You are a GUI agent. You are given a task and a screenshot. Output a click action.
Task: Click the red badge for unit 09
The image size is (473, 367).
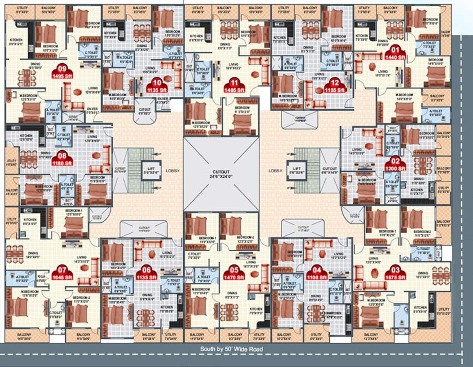pyautogui.click(x=62, y=72)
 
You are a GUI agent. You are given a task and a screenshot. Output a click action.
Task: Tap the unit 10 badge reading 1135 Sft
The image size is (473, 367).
pyautogui.click(x=156, y=85)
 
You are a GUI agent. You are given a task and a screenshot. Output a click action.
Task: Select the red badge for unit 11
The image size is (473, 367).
pyautogui.click(x=234, y=85)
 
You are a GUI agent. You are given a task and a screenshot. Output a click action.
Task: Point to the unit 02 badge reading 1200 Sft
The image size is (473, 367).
pyautogui.click(x=395, y=165)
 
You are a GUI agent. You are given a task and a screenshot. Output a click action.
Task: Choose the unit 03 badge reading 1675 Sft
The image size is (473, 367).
pyautogui.click(x=395, y=273)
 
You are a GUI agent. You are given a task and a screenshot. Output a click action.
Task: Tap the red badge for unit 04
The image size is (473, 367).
pyautogui.click(x=316, y=273)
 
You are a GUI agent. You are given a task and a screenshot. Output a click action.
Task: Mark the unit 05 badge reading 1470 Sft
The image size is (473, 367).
pyautogui.click(x=234, y=273)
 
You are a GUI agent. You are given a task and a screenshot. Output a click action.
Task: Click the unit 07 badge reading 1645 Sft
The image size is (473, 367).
pyautogui.click(x=62, y=273)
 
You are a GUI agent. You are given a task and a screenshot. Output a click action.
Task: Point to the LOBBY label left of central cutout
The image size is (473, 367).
pyautogui.click(x=172, y=170)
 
